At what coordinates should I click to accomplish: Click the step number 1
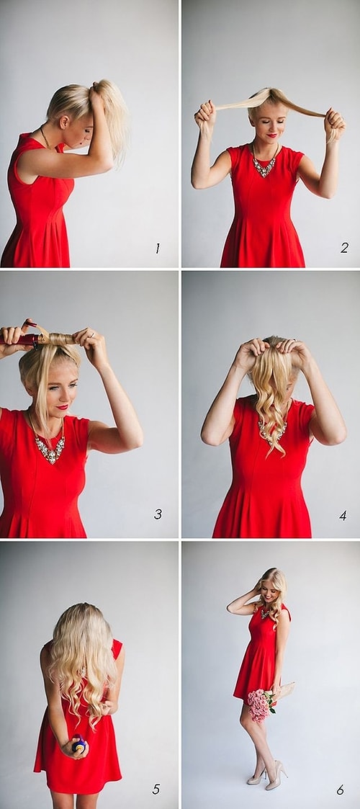pos(157,248)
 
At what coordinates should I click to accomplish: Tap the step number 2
pos(344,248)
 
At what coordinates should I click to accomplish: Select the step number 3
pos(158,514)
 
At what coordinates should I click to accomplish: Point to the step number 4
pos(343,515)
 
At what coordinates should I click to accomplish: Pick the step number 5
pos(156,789)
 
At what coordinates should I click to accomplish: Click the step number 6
pos(341,790)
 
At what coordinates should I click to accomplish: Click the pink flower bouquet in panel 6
pos(261,704)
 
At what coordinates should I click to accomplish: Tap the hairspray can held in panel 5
pos(78,744)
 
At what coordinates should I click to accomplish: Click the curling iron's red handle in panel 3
pos(19,339)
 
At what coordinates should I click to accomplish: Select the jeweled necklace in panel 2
pos(264,163)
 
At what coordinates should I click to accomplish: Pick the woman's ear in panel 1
pos(65,122)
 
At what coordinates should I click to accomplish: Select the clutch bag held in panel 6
pos(285,690)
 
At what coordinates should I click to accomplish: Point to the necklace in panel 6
pos(266,614)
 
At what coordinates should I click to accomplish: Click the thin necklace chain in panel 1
pos(45,138)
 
